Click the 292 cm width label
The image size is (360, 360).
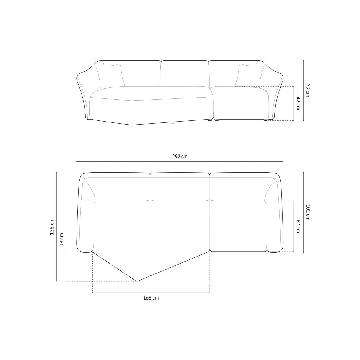point(180,157)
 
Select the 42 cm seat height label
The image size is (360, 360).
point(298,103)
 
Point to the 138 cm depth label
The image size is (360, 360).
point(52,227)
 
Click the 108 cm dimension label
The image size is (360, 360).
point(62,241)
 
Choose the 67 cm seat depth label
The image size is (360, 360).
point(298,227)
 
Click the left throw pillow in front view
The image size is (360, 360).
point(110,76)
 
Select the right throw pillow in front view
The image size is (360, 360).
point(250,76)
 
